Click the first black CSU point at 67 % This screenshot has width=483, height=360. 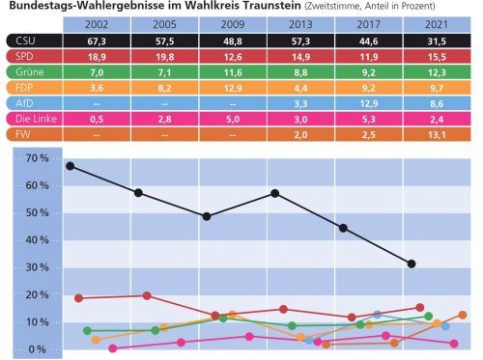tap(70, 165)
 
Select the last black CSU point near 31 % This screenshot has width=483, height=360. tap(412, 263)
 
